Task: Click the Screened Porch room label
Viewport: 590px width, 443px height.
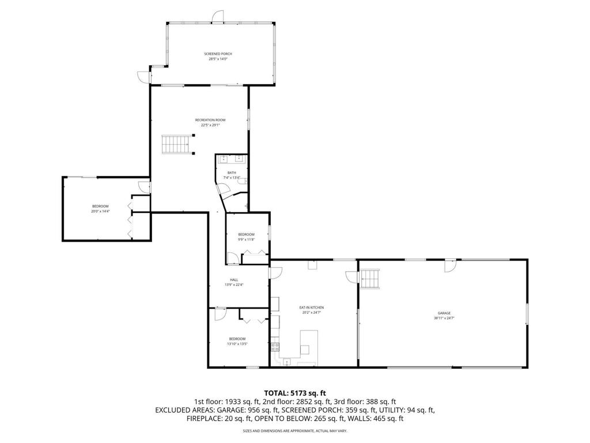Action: [x=218, y=54]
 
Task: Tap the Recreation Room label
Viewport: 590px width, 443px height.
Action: [x=210, y=120]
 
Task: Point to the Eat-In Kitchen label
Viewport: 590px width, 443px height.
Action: [x=311, y=308]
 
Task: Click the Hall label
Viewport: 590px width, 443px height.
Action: [x=235, y=280]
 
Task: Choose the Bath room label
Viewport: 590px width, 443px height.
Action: [x=232, y=172]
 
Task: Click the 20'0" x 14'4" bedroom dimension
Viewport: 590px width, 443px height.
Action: [x=100, y=212]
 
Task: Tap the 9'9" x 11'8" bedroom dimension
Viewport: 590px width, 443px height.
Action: [x=246, y=239]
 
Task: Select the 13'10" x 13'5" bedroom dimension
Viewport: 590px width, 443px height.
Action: [x=237, y=344]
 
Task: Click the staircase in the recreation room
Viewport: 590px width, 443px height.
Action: [x=175, y=144]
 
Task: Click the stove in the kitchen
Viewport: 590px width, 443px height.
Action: [x=275, y=347]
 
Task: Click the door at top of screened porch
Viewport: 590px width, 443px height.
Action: [x=217, y=17]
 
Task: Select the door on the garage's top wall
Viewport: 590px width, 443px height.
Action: [x=449, y=265]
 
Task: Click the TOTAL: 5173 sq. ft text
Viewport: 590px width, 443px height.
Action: [x=294, y=392]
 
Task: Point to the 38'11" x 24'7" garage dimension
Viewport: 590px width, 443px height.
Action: [x=444, y=318]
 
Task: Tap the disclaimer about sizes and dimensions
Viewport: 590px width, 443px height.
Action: [x=294, y=431]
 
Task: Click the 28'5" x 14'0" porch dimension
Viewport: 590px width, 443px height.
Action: [x=218, y=59]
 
